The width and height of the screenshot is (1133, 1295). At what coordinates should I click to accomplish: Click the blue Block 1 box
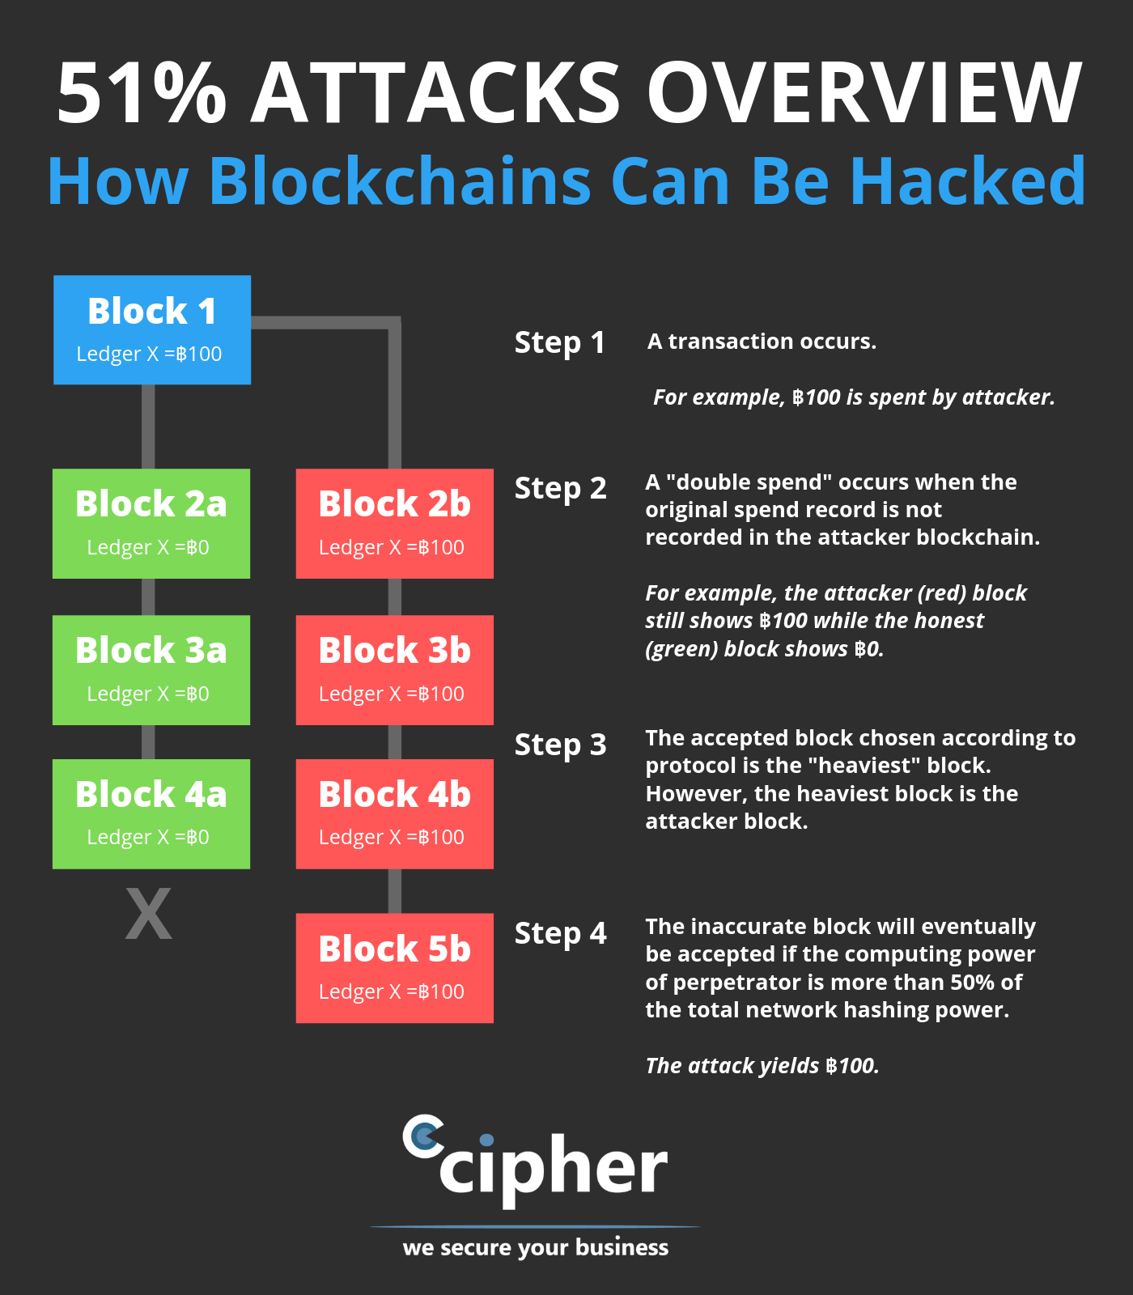[152, 329]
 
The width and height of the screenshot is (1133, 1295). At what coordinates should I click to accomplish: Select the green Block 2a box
[151, 523]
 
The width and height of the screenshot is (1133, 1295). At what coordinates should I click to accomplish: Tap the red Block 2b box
[394, 523]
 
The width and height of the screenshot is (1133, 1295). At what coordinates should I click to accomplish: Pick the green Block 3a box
[151, 669]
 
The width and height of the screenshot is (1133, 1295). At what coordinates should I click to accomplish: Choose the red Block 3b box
[394, 669]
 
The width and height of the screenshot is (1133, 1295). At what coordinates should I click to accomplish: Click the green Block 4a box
[151, 813]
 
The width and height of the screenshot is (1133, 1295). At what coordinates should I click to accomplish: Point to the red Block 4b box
[394, 813]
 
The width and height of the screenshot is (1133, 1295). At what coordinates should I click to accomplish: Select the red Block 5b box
[394, 967]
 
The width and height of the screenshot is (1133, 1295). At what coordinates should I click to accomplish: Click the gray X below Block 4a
[149, 914]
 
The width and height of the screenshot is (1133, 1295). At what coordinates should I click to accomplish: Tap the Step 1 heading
[560, 342]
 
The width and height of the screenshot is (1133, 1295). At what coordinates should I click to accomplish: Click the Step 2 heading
[560, 488]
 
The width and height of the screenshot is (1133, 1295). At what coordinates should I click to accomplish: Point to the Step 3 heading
[560, 745]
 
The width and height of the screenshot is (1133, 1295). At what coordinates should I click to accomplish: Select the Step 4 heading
[560, 933]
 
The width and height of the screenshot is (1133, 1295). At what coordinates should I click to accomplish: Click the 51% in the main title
[142, 93]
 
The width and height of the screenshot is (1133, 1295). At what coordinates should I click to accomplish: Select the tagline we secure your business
[536, 1247]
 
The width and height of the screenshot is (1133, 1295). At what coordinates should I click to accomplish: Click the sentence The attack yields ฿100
[762, 1065]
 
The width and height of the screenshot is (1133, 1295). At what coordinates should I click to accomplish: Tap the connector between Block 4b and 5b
[395, 891]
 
